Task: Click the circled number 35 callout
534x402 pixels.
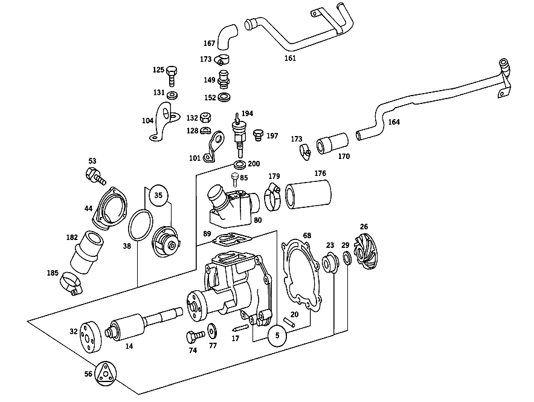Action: [x=158, y=195]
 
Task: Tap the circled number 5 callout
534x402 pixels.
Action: [x=277, y=336]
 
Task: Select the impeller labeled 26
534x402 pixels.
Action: [x=364, y=251]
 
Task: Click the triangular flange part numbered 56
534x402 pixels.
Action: [x=105, y=374]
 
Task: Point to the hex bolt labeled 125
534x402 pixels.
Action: [x=172, y=76]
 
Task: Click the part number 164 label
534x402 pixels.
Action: [x=394, y=122]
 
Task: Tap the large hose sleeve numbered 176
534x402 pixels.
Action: [x=308, y=194]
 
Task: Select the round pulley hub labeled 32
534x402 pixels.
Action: [x=90, y=337]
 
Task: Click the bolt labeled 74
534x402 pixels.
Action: [x=195, y=336]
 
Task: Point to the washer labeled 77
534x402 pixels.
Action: [x=213, y=330]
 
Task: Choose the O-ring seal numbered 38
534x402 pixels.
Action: [x=140, y=225]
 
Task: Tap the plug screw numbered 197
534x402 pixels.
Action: [x=259, y=135]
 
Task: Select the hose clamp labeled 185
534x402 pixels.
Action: [x=71, y=283]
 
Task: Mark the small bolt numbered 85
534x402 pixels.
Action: [x=235, y=179]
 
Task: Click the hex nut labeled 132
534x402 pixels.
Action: [x=205, y=118]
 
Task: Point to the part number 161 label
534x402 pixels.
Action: [x=290, y=58]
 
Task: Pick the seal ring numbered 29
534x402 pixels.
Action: [x=347, y=258]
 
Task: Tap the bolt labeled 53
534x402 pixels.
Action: [x=95, y=175]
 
